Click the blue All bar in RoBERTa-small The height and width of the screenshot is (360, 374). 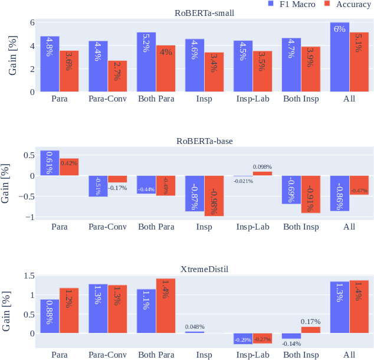tap(340, 57)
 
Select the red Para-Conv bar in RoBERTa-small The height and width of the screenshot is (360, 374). tap(117, 76)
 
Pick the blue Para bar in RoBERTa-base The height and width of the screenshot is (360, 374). tap(50, 163)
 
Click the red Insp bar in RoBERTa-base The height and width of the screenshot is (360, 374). tap(214, 196)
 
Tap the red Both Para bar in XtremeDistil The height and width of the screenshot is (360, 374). tap(166, 306)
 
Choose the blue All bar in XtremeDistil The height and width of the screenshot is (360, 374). tap(340, 307)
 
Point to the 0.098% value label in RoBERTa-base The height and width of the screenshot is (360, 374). tap(263, 167)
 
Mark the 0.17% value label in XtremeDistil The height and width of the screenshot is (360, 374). tap(311, 322)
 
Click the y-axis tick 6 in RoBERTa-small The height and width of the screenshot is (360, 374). tap(32, 22)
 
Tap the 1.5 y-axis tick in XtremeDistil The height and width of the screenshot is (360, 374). tap(28, 276)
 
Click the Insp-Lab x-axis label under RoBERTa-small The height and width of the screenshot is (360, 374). tap(252, 99)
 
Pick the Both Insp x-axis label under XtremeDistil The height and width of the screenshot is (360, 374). tap(301, 355)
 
